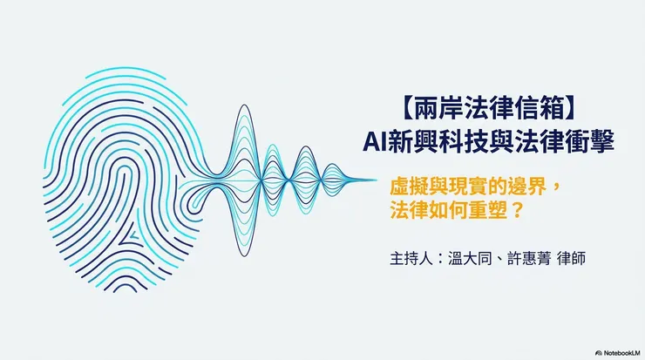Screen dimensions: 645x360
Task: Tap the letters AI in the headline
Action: click(374, 142)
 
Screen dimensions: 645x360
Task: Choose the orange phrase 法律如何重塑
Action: click(446, 210)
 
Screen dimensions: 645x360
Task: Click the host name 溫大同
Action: click(470, 259)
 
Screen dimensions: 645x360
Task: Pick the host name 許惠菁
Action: click(528, 259)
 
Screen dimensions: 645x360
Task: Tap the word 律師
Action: click(571, 259)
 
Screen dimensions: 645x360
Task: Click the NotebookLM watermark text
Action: click(622, 353)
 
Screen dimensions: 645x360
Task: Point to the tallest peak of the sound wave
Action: click(244, 105)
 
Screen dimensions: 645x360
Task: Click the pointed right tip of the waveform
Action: click(376, 180)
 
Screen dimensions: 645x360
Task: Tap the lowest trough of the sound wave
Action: click(244, 256)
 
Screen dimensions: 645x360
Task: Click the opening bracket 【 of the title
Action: click(406, 110)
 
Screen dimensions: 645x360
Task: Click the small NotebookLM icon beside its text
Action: click(599, 353)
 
